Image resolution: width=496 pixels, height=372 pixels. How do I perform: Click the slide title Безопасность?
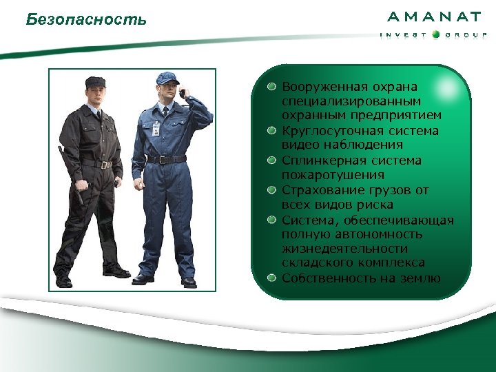click(x=86, y=19)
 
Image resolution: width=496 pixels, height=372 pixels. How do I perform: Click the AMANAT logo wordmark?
click(x=434, y=17)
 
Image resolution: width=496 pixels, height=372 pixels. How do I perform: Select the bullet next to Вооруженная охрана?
click(x=273, y=87)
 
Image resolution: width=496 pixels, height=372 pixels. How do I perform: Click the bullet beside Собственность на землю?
click(x=273, y=278)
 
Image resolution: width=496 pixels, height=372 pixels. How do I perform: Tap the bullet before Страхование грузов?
click(x=273, y=190)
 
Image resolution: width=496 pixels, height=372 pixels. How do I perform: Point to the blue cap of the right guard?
click(x=167, y=78)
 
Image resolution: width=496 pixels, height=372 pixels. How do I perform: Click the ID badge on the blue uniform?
click(x=156, y=129)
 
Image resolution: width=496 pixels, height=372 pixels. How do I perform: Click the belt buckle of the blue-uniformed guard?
click(x=161, y=160)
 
